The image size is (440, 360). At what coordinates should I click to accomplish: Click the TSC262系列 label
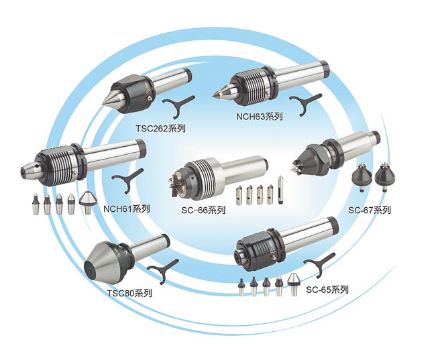coord(161,126)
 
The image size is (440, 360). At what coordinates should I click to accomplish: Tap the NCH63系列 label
coord(260,116)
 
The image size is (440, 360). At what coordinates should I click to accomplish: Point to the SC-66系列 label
coord(203,210)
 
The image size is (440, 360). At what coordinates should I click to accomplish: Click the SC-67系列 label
coord(369,210)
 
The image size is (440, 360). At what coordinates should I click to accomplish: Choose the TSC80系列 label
coord(129,293)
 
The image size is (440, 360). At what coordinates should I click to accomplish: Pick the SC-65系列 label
coord(327,290)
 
